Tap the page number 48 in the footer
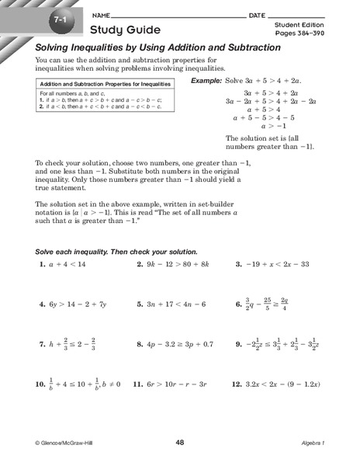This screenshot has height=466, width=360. tap(179, 443)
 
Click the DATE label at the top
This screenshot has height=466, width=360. tap(258, 15)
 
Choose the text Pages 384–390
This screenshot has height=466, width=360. tap(296, 35)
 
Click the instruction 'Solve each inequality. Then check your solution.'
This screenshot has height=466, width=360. tap(116, 252)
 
